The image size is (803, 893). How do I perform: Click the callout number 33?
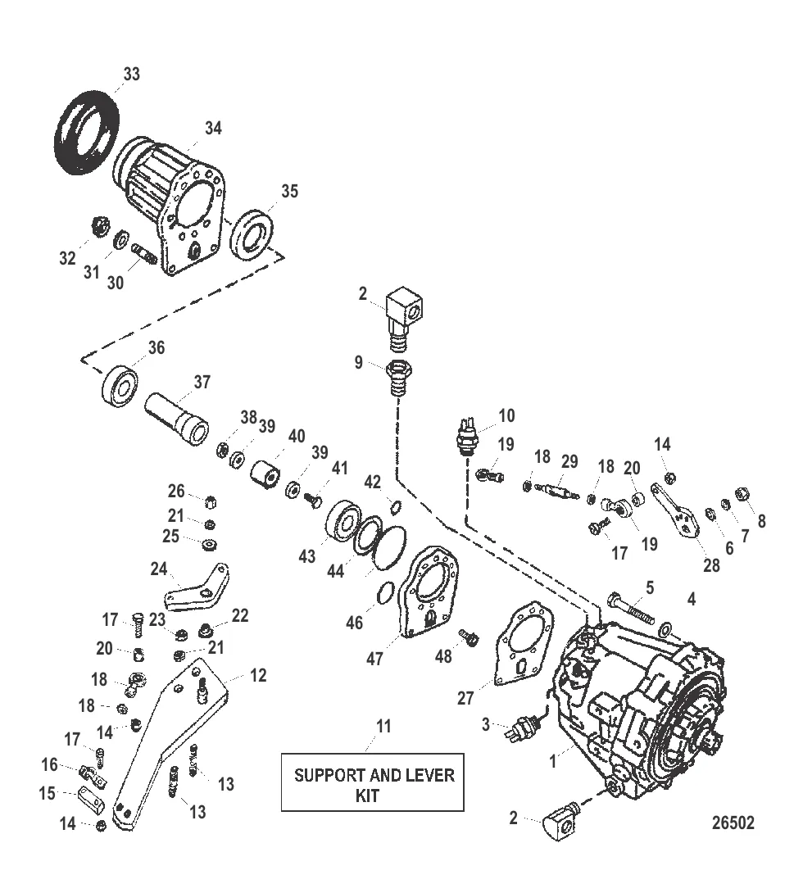(x=131, y=75)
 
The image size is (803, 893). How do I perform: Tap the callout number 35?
(x=289, y=192)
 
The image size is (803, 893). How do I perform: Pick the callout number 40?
(x=296, y=436)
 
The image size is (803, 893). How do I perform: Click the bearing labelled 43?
(x=344, y=522)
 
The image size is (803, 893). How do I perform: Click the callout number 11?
(x=383, y=726)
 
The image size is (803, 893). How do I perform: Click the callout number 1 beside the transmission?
(x=553, y=761)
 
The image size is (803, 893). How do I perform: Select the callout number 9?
(x=359, y=362)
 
